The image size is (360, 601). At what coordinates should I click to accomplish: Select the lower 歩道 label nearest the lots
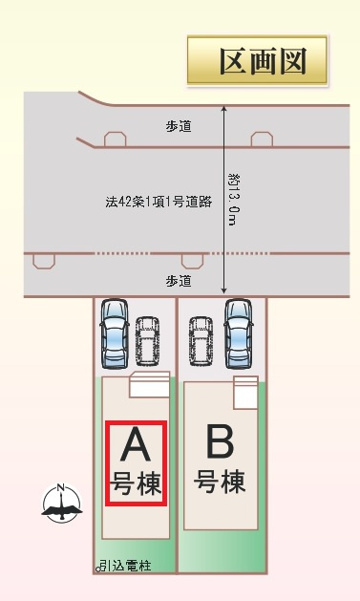click(x=178, y=281)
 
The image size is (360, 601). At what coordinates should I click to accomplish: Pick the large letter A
click(x=136, y=446)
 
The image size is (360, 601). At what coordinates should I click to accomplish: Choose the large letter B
click(x=220, y=443)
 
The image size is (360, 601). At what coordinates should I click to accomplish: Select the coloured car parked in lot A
click(x=115, y=333)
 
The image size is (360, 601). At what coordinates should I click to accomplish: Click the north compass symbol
click(x=61, y=503)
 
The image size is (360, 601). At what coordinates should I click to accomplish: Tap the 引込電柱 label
click(x=124, y=567)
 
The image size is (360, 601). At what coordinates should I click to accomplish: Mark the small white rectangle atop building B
click(x=245, y=389)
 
